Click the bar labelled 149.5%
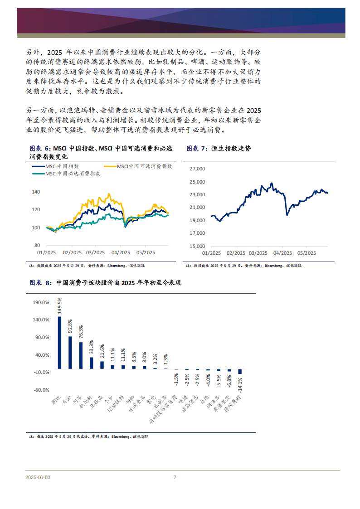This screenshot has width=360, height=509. click(x=60, y=343)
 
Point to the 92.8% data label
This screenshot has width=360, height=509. click(x=70, y=326)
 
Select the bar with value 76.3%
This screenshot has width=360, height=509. click(x=81, y=355)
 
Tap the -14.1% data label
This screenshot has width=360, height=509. click(x=240, y=384)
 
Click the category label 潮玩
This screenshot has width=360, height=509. click(x=56, y=400)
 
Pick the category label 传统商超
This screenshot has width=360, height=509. click(x=233, y=403)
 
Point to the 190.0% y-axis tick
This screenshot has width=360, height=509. click(x=41, y=302)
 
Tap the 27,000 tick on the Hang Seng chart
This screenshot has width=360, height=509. click(x=197, y=169)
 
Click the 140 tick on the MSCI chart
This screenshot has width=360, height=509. click(x=36, y=192)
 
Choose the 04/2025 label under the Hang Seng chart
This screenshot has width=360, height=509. click(x=282, y=253)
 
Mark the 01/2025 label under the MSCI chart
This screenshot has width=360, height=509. click(x=46, y=252)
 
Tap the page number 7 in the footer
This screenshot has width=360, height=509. click(x=175, y=477)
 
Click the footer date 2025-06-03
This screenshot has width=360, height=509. click(x=38, y=478)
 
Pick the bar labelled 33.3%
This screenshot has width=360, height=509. click(x=92, y=363)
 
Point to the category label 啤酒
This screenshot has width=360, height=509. click(x=184, y=398)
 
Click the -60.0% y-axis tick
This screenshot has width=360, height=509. click(x=42, y=390)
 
